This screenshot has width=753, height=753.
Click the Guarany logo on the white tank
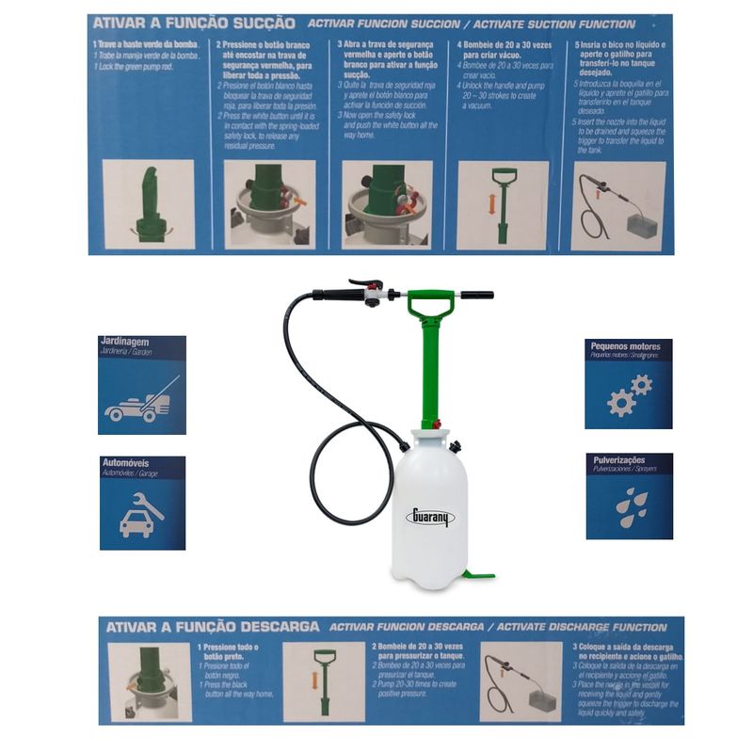pos(430,517)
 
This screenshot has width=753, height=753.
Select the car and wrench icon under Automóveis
pos(142,515)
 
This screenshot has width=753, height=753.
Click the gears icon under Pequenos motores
pos(630,395)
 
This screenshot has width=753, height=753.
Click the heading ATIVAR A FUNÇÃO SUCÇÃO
pos(192,22)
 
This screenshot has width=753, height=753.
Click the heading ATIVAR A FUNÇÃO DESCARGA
pos(211,626)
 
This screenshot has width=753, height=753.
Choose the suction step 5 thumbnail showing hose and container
pos(617,205)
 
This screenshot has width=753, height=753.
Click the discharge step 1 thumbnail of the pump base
pos(150,681)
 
